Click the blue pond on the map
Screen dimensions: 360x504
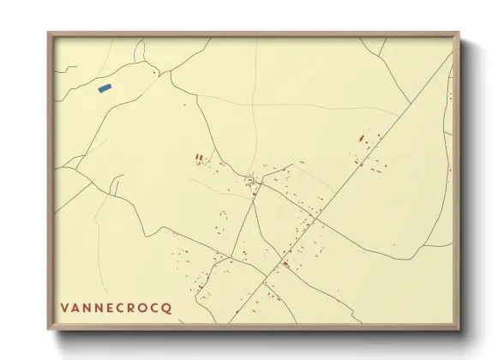click(x=105, y=87)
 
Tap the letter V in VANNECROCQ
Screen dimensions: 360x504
click(x=64, y=307)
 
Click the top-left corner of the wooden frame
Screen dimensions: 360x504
click(x=49, y=33)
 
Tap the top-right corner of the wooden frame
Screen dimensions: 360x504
click(x=459, y=33)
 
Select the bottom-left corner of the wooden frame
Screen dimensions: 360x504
click(x=49, y=330)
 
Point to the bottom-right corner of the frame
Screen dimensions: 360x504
click(x=459, y=330)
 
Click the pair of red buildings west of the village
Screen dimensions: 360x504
click(x=200, y=158)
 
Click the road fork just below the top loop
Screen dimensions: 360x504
click(x=171, y=72)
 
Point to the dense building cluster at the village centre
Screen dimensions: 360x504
click(x=252, y=181)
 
